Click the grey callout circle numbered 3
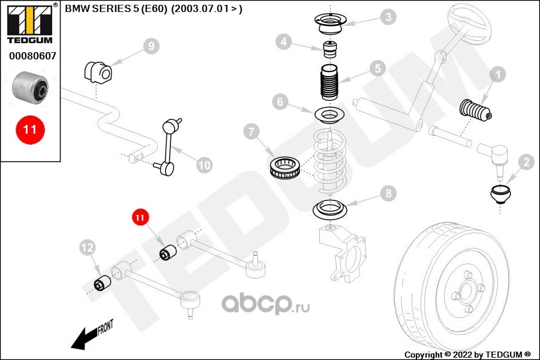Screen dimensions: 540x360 pyautogui.click(x=389, y=17)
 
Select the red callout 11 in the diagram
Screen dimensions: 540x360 pyautogui.click(x=140, y=217)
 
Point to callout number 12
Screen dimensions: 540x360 pyautogui.click(x=88, y=246)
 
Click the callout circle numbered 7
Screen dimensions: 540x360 pyautogui.click(x=252, y=131)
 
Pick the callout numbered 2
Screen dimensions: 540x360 pyautogui.click(x=526, y=162)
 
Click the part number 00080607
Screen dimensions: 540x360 pyautogui.click(x=32, y=57)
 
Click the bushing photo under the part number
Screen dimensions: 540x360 pyautogui.click(x=31, y=86)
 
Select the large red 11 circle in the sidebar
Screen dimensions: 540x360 pyautogui.click(x=30, y=129)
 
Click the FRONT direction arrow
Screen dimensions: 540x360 pyautogui.click(x=90, y=335)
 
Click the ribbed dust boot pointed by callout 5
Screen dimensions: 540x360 pyautogui.click(x=328, y=86)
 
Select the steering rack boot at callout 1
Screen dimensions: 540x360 pyautogui.click(x=476, y=111)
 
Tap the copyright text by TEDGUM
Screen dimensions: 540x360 pyautogui.click(x=467, y=355)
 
